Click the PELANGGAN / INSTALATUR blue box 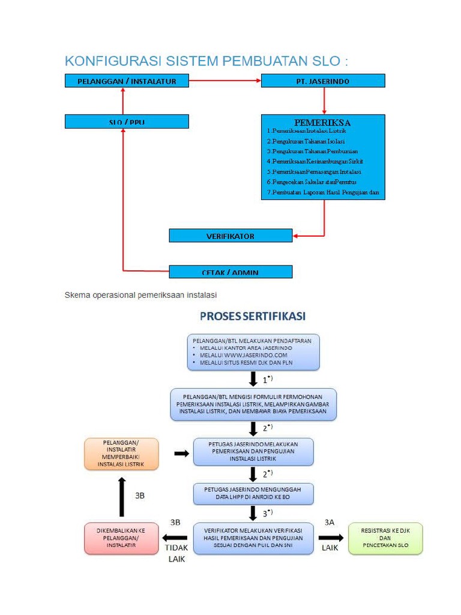(127, 81)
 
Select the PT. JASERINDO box (323, 81)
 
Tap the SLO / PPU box (127, 122)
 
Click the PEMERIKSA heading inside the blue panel (322, 123)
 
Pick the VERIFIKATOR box (230, 236)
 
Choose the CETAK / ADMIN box (230, 272)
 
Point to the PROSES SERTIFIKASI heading (253, 316)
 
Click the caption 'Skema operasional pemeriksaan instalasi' (140, 295)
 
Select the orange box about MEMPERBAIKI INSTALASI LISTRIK (122, 453)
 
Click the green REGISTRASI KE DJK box (385, 538)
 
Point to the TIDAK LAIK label (176, 553)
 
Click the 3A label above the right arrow (330, 523)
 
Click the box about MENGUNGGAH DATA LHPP (253, 494)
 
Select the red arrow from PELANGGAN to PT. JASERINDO (225, 81)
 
